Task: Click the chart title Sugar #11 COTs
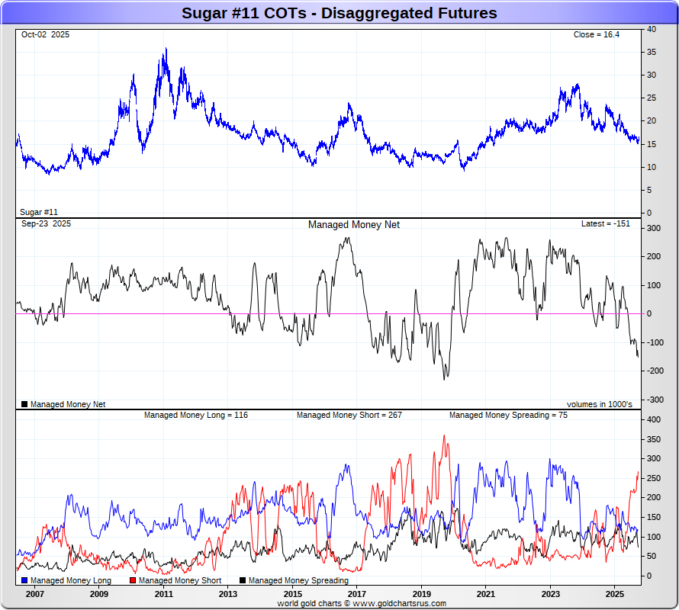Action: [x=339, y=13]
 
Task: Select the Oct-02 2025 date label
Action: [x=45, y=35]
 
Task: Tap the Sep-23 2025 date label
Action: [x=46, y=224]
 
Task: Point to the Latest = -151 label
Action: [x=606, y=224]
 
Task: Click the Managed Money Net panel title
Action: [x=353, y=225]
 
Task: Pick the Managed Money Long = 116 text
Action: [x=196, y=416]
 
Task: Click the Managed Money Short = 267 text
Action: [x=349, y=416]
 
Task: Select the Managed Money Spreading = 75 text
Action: [x=507, y=416]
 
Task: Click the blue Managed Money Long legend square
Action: [x=24, y=581]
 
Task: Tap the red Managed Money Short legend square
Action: [x=133, y=581]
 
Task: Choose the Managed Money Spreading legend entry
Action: [x=294, y=581]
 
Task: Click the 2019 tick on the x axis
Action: [x=421, y=594]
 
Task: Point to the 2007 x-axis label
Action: [x=34, y=594]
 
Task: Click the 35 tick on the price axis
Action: [x=652, y=53]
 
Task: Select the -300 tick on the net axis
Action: [x=654, y=400]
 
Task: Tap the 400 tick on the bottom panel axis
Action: [x=654, y=420]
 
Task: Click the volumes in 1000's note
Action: [x=599, y=404]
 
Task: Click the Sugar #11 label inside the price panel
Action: [x=39, y=212]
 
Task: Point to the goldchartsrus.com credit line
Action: [x=362, y=603]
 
